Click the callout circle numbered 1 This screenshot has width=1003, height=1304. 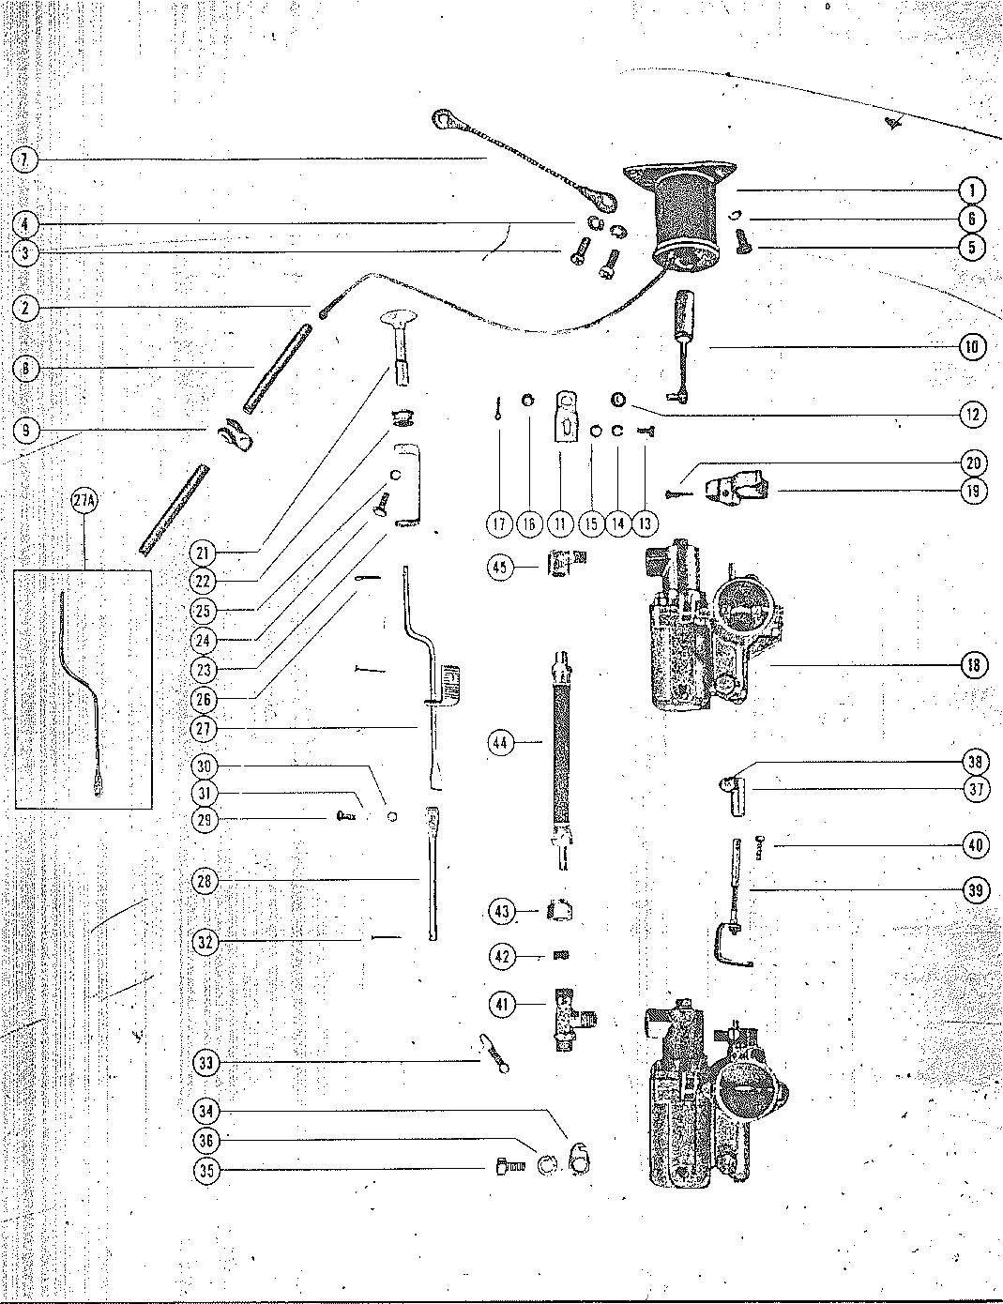973,190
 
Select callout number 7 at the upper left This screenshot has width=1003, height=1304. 25,159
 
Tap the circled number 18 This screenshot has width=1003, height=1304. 973,665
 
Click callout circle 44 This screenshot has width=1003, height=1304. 501,743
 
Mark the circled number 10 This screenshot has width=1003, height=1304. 973,347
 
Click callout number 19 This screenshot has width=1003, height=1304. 973,491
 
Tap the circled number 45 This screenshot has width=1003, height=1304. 501,567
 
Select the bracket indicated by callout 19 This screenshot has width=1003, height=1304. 737,488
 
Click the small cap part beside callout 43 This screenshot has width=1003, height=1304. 560,909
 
